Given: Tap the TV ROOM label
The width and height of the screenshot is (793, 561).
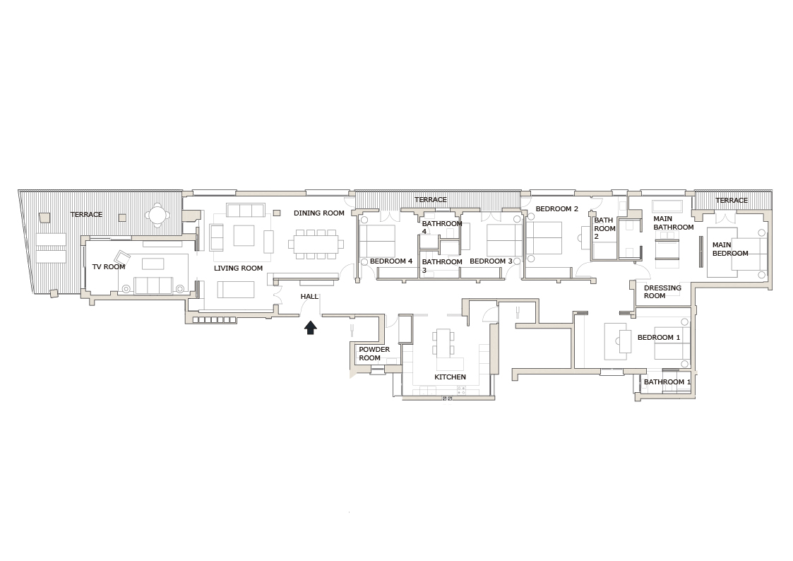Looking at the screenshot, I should click(109, 267).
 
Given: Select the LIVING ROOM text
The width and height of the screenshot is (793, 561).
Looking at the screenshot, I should click(239, 268).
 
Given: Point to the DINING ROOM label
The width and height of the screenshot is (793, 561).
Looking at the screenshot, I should click(319, 213).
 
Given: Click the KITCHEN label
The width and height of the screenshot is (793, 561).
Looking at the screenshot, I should click(450, 377).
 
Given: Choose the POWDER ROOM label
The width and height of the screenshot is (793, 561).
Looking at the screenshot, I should click(374, 354).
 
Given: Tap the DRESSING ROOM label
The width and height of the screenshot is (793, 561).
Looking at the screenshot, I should click(662, 292).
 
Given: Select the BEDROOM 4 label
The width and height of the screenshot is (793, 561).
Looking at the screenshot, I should click(391, 261).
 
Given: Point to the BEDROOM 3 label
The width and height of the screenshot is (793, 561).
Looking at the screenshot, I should click(491, 261).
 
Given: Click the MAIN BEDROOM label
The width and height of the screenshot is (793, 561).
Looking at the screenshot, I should click(730, 249).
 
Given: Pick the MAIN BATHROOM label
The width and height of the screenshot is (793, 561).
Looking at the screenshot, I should click(673, 223).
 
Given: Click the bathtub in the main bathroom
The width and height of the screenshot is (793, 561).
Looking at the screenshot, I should click(667, 206).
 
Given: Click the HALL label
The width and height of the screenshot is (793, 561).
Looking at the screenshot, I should click(309, 297).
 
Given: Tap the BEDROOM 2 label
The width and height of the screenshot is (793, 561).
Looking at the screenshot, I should click(556, 209).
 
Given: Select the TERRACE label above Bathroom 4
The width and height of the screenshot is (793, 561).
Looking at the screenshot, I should click(431, 200).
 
